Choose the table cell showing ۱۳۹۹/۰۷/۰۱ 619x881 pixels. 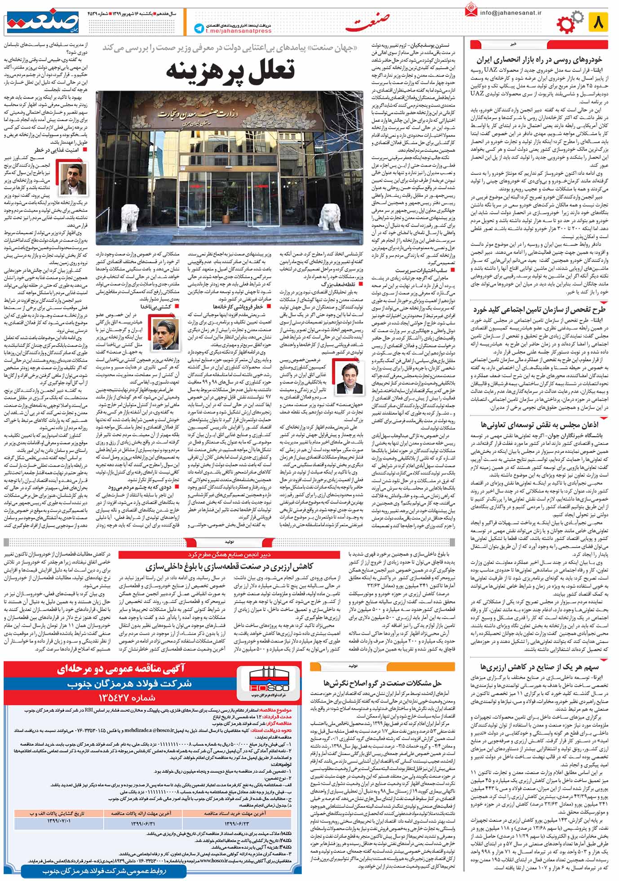(x=59, y=821)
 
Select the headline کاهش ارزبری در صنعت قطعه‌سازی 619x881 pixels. (x=229, y=566)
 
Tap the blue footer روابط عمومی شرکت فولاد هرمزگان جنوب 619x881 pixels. (x=105, y=871)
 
